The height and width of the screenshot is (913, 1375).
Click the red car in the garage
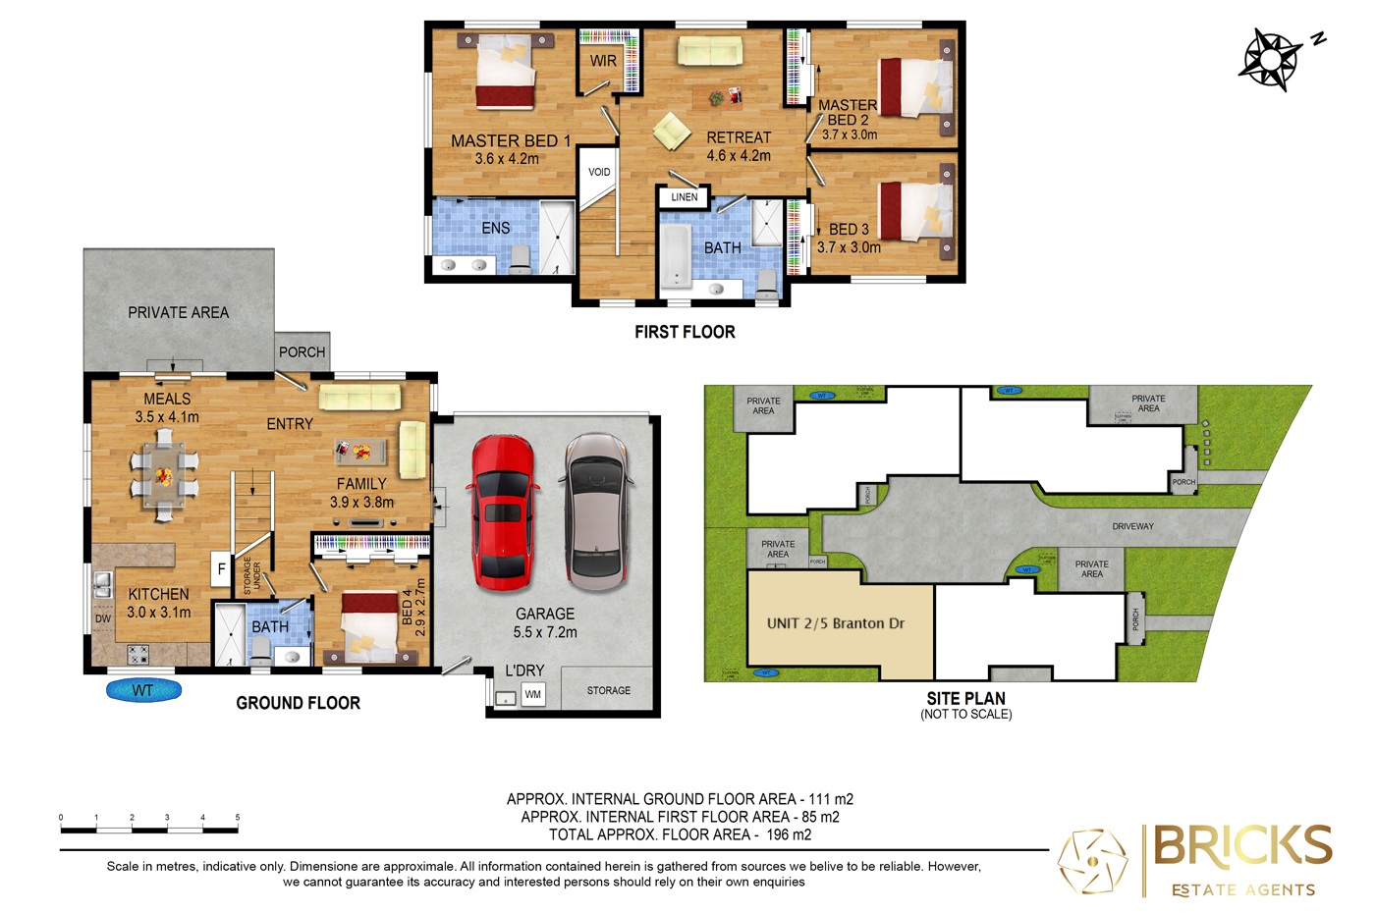(x=503, y=511)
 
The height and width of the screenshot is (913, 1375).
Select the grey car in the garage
(x=595, y=511)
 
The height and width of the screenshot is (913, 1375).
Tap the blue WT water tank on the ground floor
(x=143, y=691)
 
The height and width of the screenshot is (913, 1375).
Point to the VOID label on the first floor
(x=599, y=172)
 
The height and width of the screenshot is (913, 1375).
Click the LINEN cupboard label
(x=685, y=197)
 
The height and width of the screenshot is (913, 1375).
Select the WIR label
(x=603, y=61)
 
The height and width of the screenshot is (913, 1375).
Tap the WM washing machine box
(x=532, y=694)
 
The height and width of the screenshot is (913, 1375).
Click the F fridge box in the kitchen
(x=221, y=568)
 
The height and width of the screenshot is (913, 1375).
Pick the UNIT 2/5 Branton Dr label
(x=836, y=623)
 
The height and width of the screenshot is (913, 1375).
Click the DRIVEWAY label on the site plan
(x=1132, y=526)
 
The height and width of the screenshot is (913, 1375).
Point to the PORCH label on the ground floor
(x=302, y=351)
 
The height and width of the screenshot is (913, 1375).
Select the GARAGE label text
(x=545, y=614)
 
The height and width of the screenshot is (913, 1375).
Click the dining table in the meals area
(x=164, y=476)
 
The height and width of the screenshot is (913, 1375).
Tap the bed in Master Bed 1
(x=506, y=74)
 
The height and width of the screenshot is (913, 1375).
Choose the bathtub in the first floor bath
(x=675, y=256)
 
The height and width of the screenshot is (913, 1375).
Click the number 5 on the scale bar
(x=237, y=817)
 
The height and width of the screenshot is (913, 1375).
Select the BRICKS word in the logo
(x=1242, y=845)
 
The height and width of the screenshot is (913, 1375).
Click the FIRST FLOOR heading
(x=685, y=332)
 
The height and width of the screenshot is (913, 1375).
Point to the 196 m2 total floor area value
(x=789, y=834)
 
